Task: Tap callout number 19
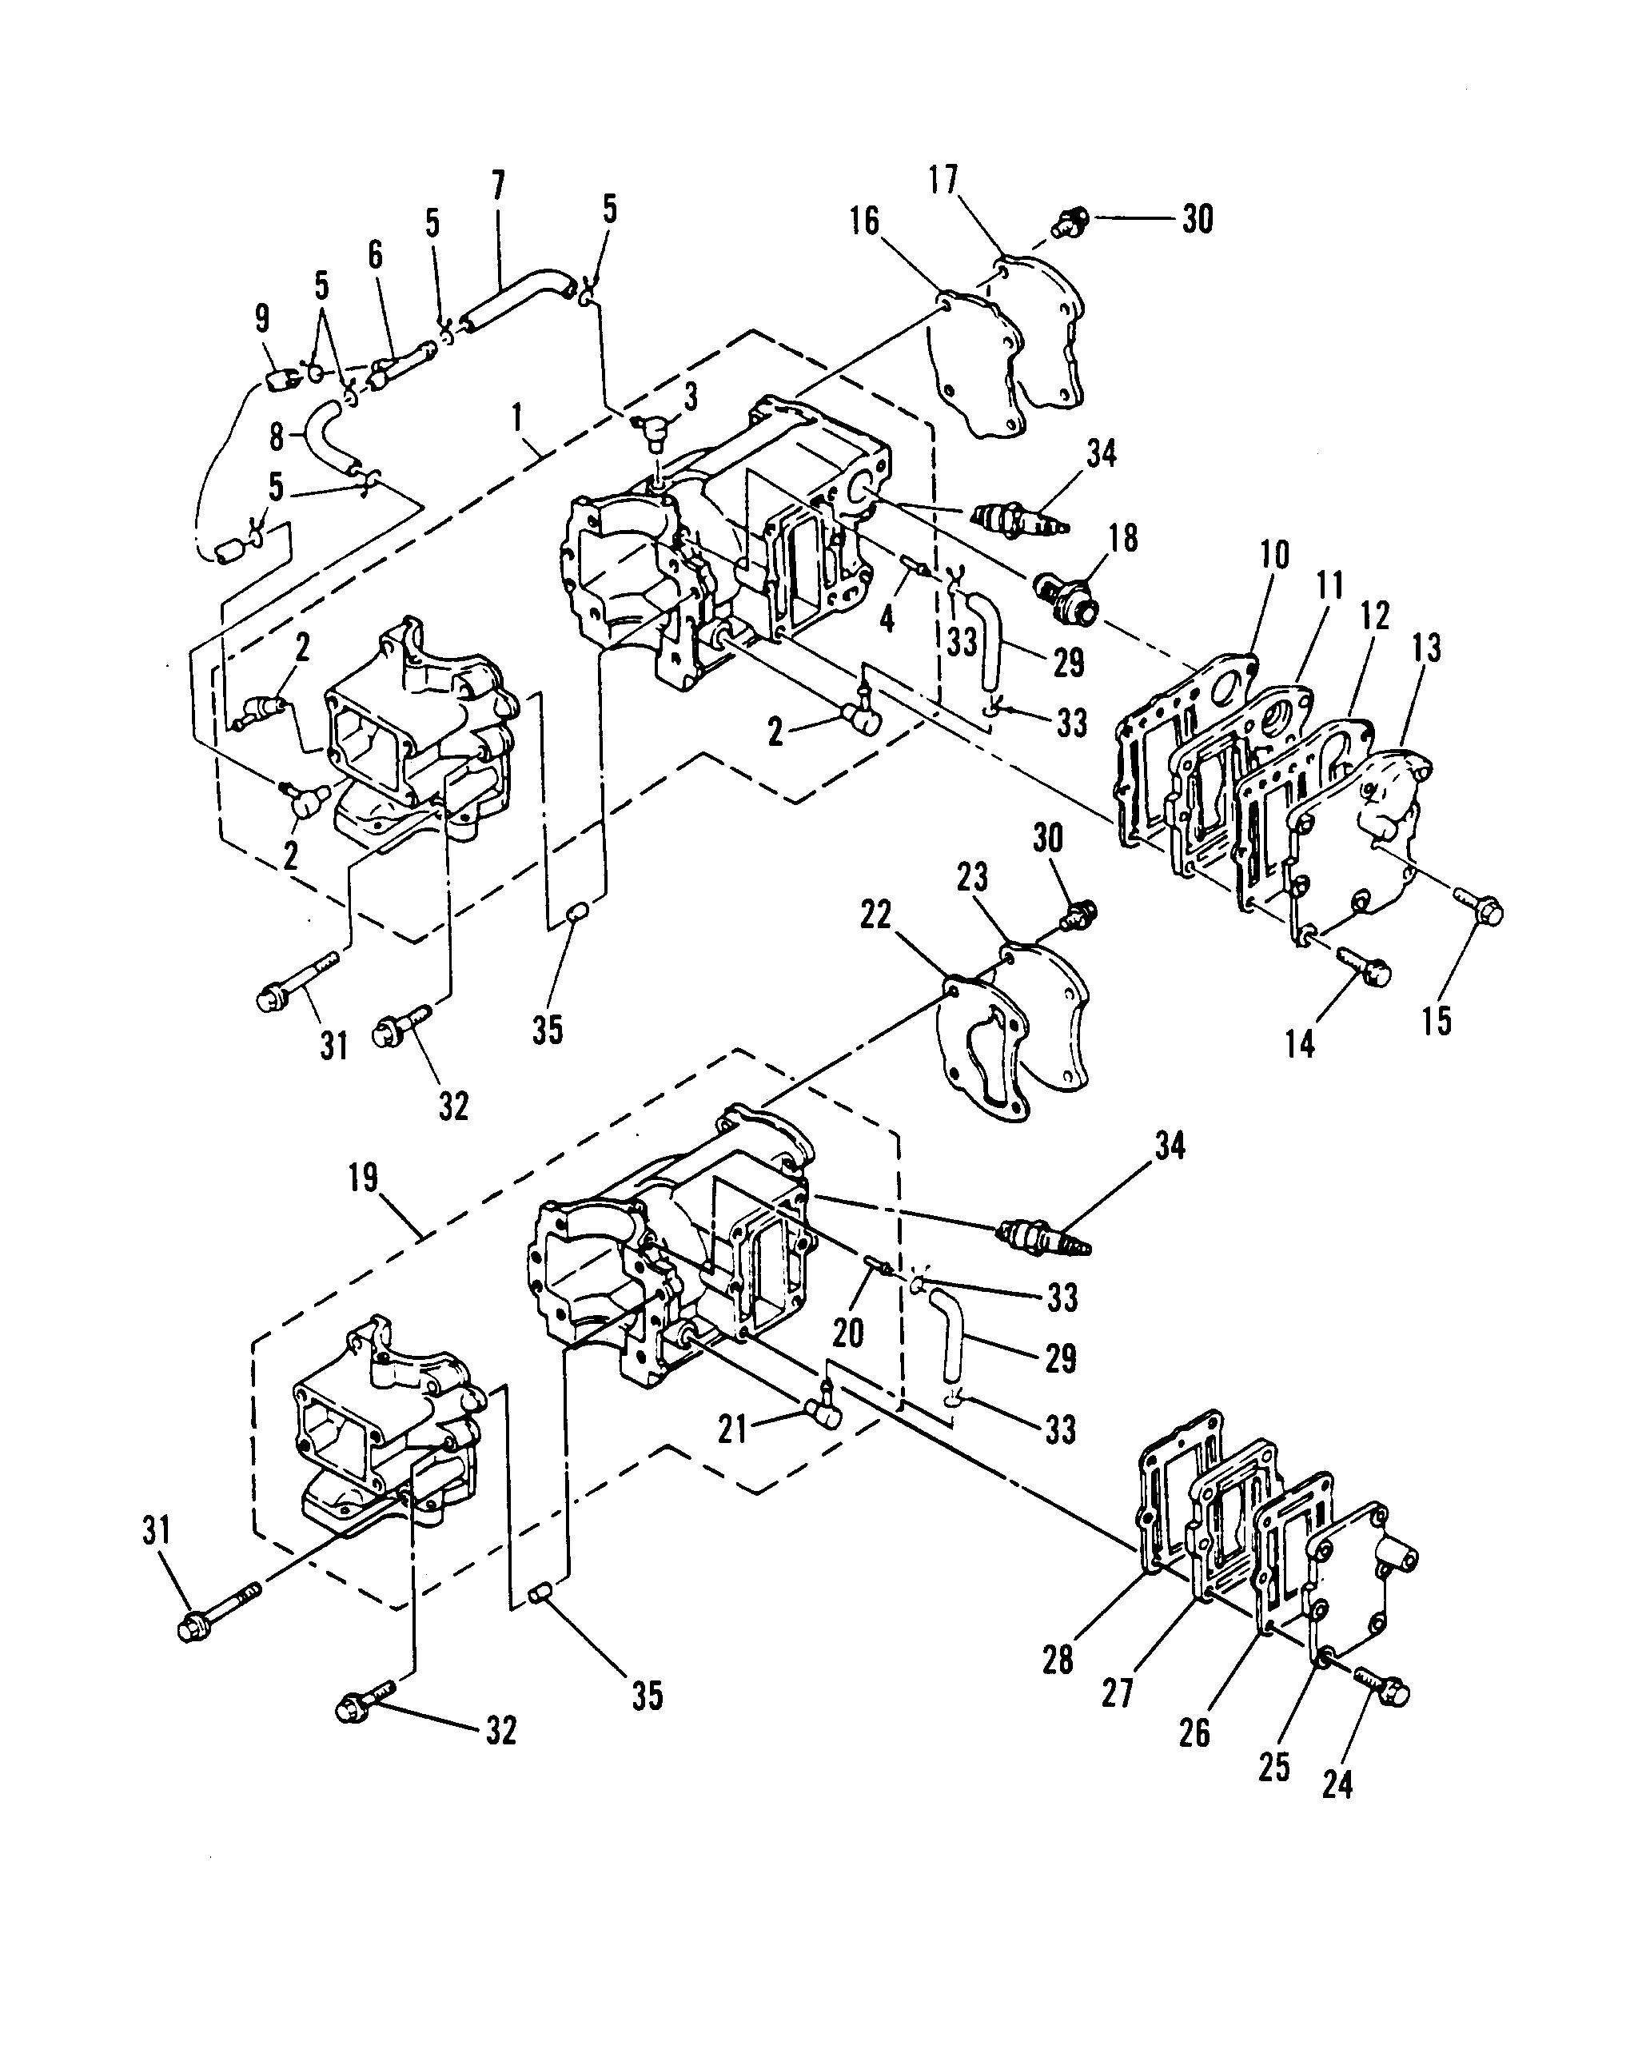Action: tap(363, 1179)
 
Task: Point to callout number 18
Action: tap(1123, 539)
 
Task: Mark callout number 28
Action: tap(1058, 1659)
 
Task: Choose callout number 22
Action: tap(875, 915)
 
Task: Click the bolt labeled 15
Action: tap(1480, 910)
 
